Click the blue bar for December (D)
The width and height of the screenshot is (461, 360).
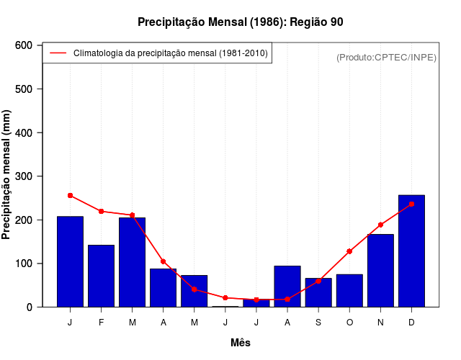(x=411, y=251)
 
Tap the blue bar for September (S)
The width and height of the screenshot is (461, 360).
(x=318, y=292)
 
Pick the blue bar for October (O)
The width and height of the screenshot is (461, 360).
(x=349, y=290)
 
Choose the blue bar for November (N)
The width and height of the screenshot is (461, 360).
(x=380, y=270)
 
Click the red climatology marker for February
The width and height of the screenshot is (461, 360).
(x=101, y=211)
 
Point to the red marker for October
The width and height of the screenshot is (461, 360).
(x=349, y=251)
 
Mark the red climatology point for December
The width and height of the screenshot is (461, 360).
(x=411, y=204)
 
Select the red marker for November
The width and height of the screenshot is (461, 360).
(x=380, y=225)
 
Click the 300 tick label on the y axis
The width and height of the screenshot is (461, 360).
(x=23, y=176)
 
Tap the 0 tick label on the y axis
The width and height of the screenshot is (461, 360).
(x=30, y=307)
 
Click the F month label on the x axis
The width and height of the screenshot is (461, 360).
(x=101, y=323)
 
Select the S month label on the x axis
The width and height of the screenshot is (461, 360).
(x=318, y=323)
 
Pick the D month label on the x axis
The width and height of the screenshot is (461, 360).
(x=411, y=323)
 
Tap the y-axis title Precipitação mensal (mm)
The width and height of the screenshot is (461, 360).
(x=7, y=175)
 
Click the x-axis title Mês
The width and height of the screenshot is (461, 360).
(x=241, y=343)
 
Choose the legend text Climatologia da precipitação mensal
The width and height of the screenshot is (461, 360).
(x=170, y=53)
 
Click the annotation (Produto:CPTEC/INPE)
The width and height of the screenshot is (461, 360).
(x=386, y=57)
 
